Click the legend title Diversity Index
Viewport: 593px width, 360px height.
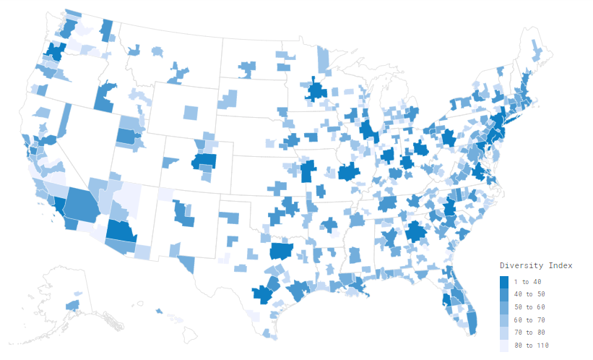click(x=537, y=266)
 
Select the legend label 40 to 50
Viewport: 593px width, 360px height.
click(x=530, y=294)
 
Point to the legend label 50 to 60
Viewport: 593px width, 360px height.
click(x=530, y=307)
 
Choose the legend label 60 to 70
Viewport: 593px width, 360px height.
click(x=530, y=320)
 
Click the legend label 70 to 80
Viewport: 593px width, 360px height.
click(x=530, y=333)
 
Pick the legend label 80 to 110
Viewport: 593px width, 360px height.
click(x=532, y=346)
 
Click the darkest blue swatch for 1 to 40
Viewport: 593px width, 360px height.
click(x=503, y=281)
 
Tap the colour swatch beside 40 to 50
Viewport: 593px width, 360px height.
click(x=503, y=294)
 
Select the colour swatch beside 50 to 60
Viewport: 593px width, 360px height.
click(x=503, y=307)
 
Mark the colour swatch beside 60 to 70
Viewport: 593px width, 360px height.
click(x=503, y=320)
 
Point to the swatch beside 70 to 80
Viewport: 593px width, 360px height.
click(x=503, y=333)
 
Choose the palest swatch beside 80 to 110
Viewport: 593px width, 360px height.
click(x=503, y=346)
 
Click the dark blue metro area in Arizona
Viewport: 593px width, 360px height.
click(x=120, y=232)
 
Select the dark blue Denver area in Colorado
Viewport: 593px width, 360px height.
click(x=204, y=160)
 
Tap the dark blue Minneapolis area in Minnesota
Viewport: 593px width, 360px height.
click(x=316, y=91)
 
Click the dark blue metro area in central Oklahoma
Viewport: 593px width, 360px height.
click(x=280, y=251)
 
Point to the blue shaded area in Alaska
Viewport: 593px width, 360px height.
click(x=72, y=306)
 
